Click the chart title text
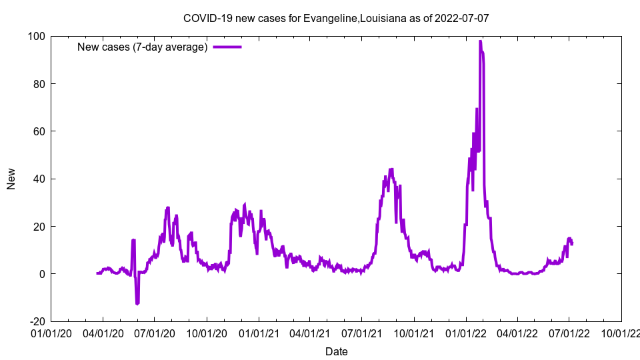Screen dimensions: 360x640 pyautogui.click(x=336, y=18)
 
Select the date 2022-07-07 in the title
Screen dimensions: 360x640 pyautogui.click(x=461, y=18)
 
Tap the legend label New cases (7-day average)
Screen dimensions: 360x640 pyautogui.click(x=143, y=47)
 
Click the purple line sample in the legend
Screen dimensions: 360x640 pyautogui.click(x=227, y=47)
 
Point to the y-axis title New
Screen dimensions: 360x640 pyautogui.click(x=11, y=179)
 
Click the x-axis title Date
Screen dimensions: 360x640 pyautogui.click(x=336, y=351)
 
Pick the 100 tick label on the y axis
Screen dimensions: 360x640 pyautogui.click(x=37, y=36)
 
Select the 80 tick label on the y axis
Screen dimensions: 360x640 pyautogui.click(x=39, y=84)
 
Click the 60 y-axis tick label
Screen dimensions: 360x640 pyautogui.click(x=39, y=131)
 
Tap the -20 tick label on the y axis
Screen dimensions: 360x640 pyautogui.click(x=37, y=321)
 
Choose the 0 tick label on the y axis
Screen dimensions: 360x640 pyautogui.click(x=42, y=274)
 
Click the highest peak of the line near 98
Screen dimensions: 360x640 pyautogui.click(x=480, y=41)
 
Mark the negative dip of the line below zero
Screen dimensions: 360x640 pyautogui.click(x=137, y=304)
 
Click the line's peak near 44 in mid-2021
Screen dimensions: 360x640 pyautogui.click(x=391, y=169)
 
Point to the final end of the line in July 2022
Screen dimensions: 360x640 pyautogui.click(x=572, y=244)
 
